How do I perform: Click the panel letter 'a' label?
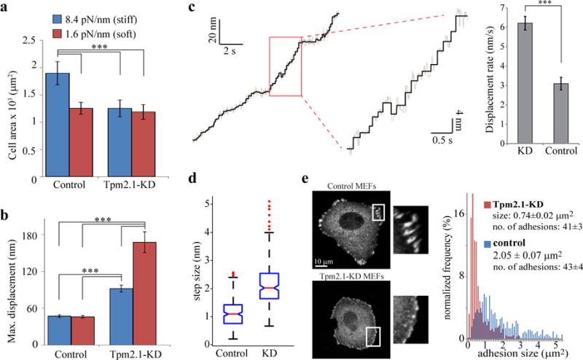coord(7,7)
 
